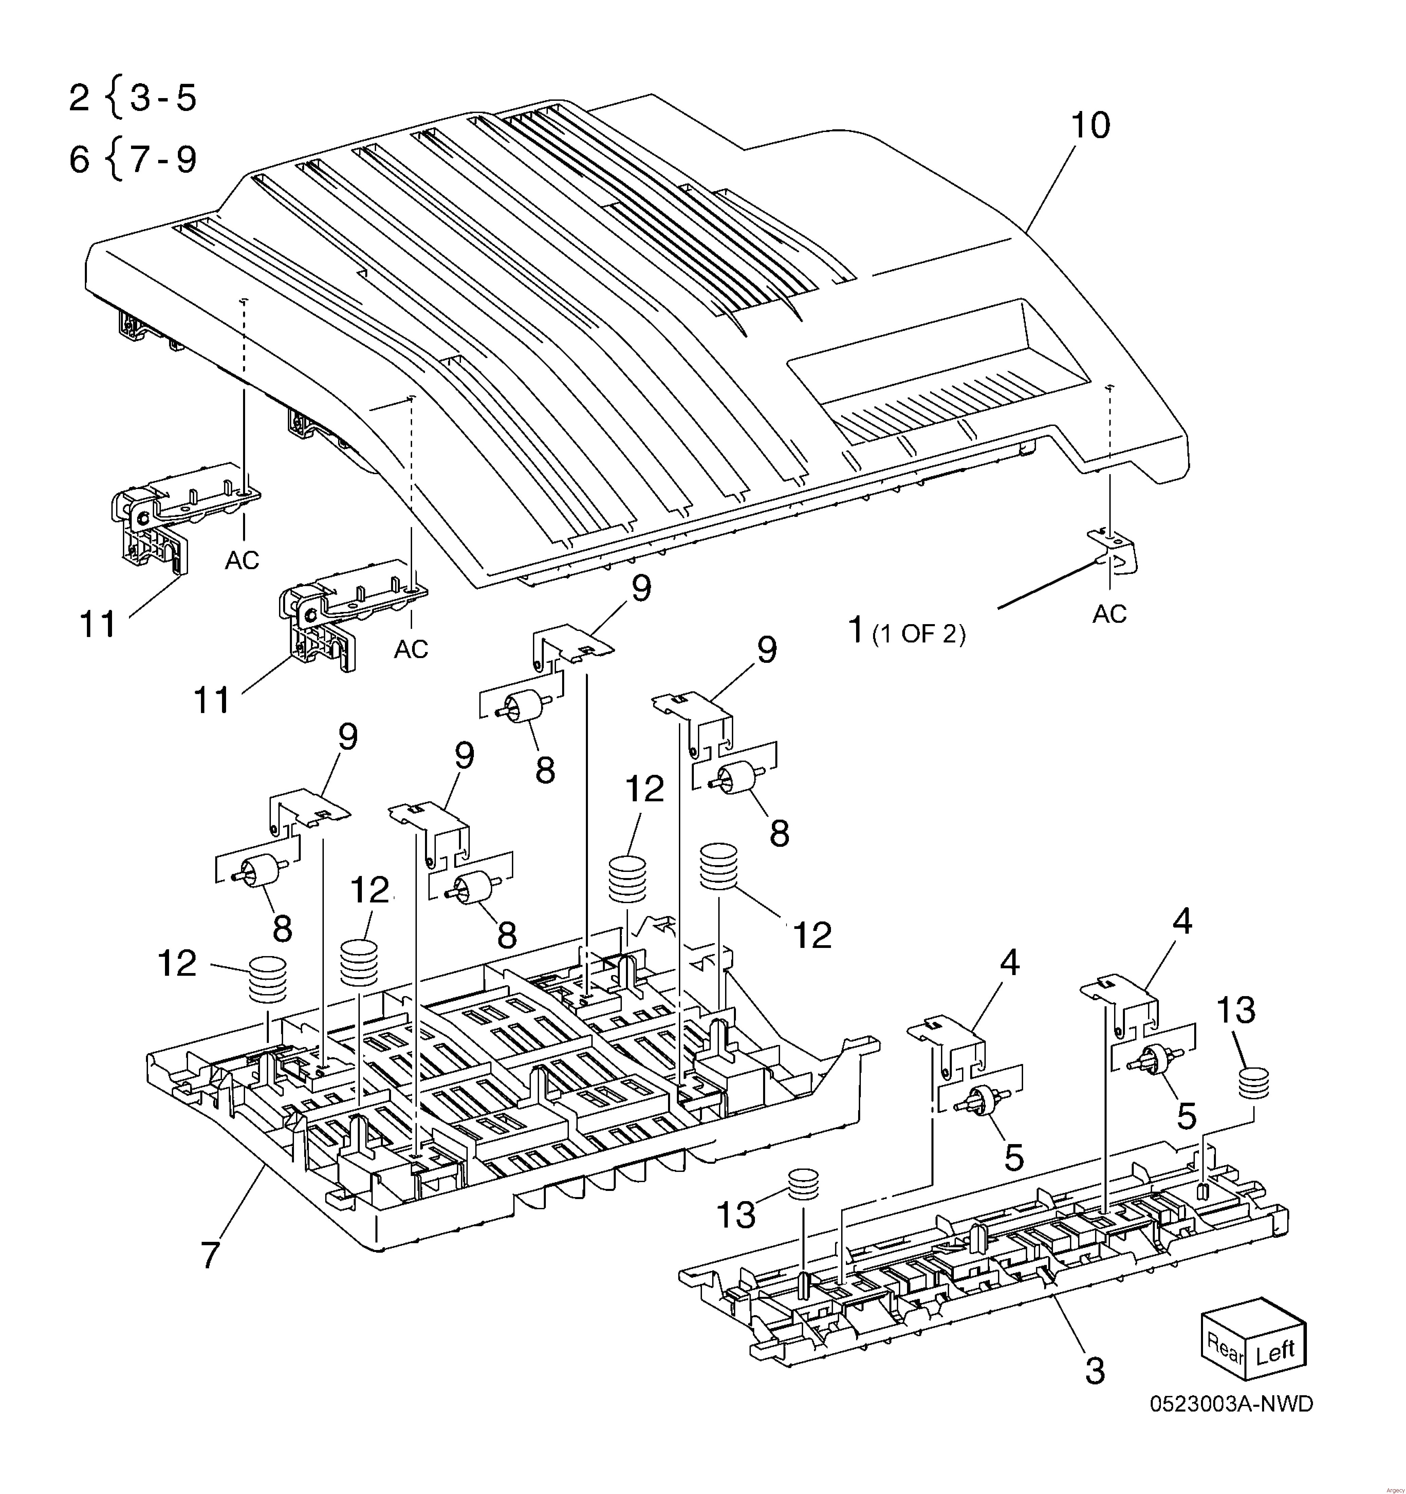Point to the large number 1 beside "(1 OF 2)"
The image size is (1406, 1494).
click(x=856, y=630)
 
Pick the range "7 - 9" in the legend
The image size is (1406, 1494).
click(x=163, y=159)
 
